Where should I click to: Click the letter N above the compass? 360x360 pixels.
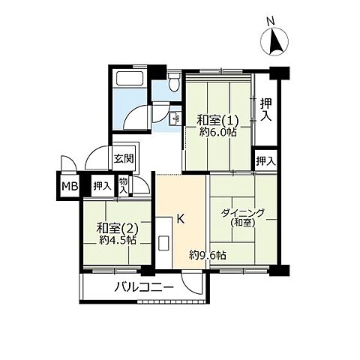click(x=271, y=22)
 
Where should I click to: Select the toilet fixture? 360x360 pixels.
click(x=174, y=82)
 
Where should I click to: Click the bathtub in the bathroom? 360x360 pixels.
click(x=129, y=78)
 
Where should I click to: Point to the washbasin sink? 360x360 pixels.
click(x=175, y=118)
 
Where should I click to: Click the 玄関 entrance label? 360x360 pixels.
click(x=124, y=158)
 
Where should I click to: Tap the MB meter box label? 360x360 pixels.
click(x=70, y=186)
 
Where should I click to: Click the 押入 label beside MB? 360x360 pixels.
click(x=102, y=186)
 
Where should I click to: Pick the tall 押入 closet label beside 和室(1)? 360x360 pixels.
click(x=265, y=109)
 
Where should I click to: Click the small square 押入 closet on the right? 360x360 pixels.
click(x=265, y=160)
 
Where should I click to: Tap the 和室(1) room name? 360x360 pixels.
click(x=217, y=121)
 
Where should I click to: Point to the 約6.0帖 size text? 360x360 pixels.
click(x=218, y=133)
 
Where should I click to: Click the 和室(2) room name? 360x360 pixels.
click(x=118, y=228)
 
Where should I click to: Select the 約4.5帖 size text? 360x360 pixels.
click(x=118, y=240)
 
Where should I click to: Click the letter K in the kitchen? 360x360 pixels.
click(x=181, y=219)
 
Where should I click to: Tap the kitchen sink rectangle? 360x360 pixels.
click(x=163, y=243)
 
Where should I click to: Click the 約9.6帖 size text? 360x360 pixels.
click(x=208, y=255)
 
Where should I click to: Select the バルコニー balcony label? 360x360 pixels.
click(x=144, y=287)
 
